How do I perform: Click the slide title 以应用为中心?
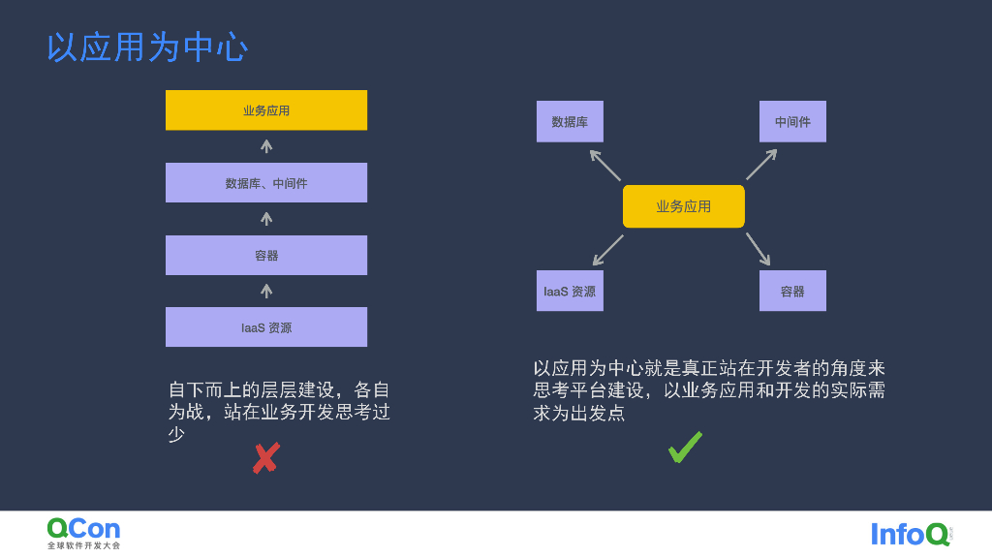click(x=147, y=46)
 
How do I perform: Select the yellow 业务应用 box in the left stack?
click(x=266, y=110)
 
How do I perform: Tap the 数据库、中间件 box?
click(x=266, y=183)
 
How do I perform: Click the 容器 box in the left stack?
click(x=266, y=256)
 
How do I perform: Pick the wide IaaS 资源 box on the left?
click(x=266, y=327)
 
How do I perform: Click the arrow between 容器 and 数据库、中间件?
click(x=266, y=219)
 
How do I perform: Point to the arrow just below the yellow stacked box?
click(x=266, y=146)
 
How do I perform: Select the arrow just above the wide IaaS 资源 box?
click(x=266, y=291)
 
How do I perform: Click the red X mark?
click(x=265, y=458)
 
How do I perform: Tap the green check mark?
click(x=685, y=448)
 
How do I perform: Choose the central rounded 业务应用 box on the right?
click(x=684, y=206)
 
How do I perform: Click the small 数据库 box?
click(x=570, y=122)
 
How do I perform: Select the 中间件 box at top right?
click(x=792, y=122)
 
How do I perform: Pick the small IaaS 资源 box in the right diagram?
click(x=570, y=291)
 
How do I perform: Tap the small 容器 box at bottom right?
click(x=792, y=291)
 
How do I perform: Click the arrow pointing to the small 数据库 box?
click(x=605, y=165)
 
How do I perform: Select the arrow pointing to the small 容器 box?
click(x=758, y=249)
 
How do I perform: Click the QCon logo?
click(x=84, y=532)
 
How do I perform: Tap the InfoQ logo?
click(x=910, y=534)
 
